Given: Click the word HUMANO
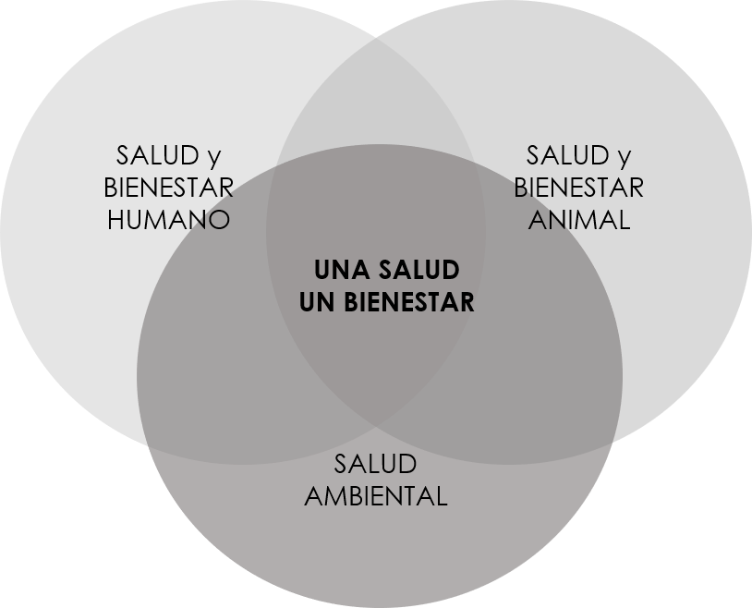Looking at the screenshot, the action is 168,221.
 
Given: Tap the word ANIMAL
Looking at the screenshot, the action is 578,221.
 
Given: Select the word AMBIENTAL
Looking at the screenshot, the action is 375,495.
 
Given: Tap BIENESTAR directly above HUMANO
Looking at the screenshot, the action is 168,188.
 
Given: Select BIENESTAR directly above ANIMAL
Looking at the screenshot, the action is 578,188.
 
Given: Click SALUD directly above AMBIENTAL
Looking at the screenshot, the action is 375,463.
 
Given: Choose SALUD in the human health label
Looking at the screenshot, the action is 154,155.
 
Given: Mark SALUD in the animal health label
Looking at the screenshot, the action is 564,155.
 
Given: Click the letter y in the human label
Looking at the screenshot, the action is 215,157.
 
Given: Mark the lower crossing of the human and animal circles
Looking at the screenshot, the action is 377,428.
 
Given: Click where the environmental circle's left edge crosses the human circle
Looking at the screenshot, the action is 146,441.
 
